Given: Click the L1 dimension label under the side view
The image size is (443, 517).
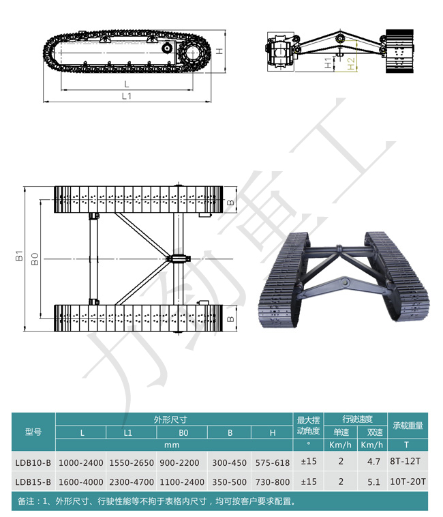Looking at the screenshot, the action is pyautogui.click(x=127, y=96).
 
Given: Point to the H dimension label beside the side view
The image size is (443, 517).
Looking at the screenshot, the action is pyautogui.click(x=219, y=51).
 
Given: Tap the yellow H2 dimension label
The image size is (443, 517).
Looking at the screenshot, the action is pyautogui.click(x=351, y=63).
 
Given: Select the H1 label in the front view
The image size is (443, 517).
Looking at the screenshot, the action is pyautogui.click(x=329, y=63).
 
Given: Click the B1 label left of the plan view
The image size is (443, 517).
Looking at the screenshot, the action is pyautogui.click(x=19, y=256).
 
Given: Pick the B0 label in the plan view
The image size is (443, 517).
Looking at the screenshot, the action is pyautogui.click(x=35, y=258).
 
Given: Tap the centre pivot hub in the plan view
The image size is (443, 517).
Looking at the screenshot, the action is pyautogui.click(x=178, y=258).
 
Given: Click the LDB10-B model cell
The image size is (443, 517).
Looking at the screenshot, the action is pyautogui.click(x=33, y=463).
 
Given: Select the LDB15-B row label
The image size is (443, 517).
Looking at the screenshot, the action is pyautogui.click(x=33, y=482).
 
